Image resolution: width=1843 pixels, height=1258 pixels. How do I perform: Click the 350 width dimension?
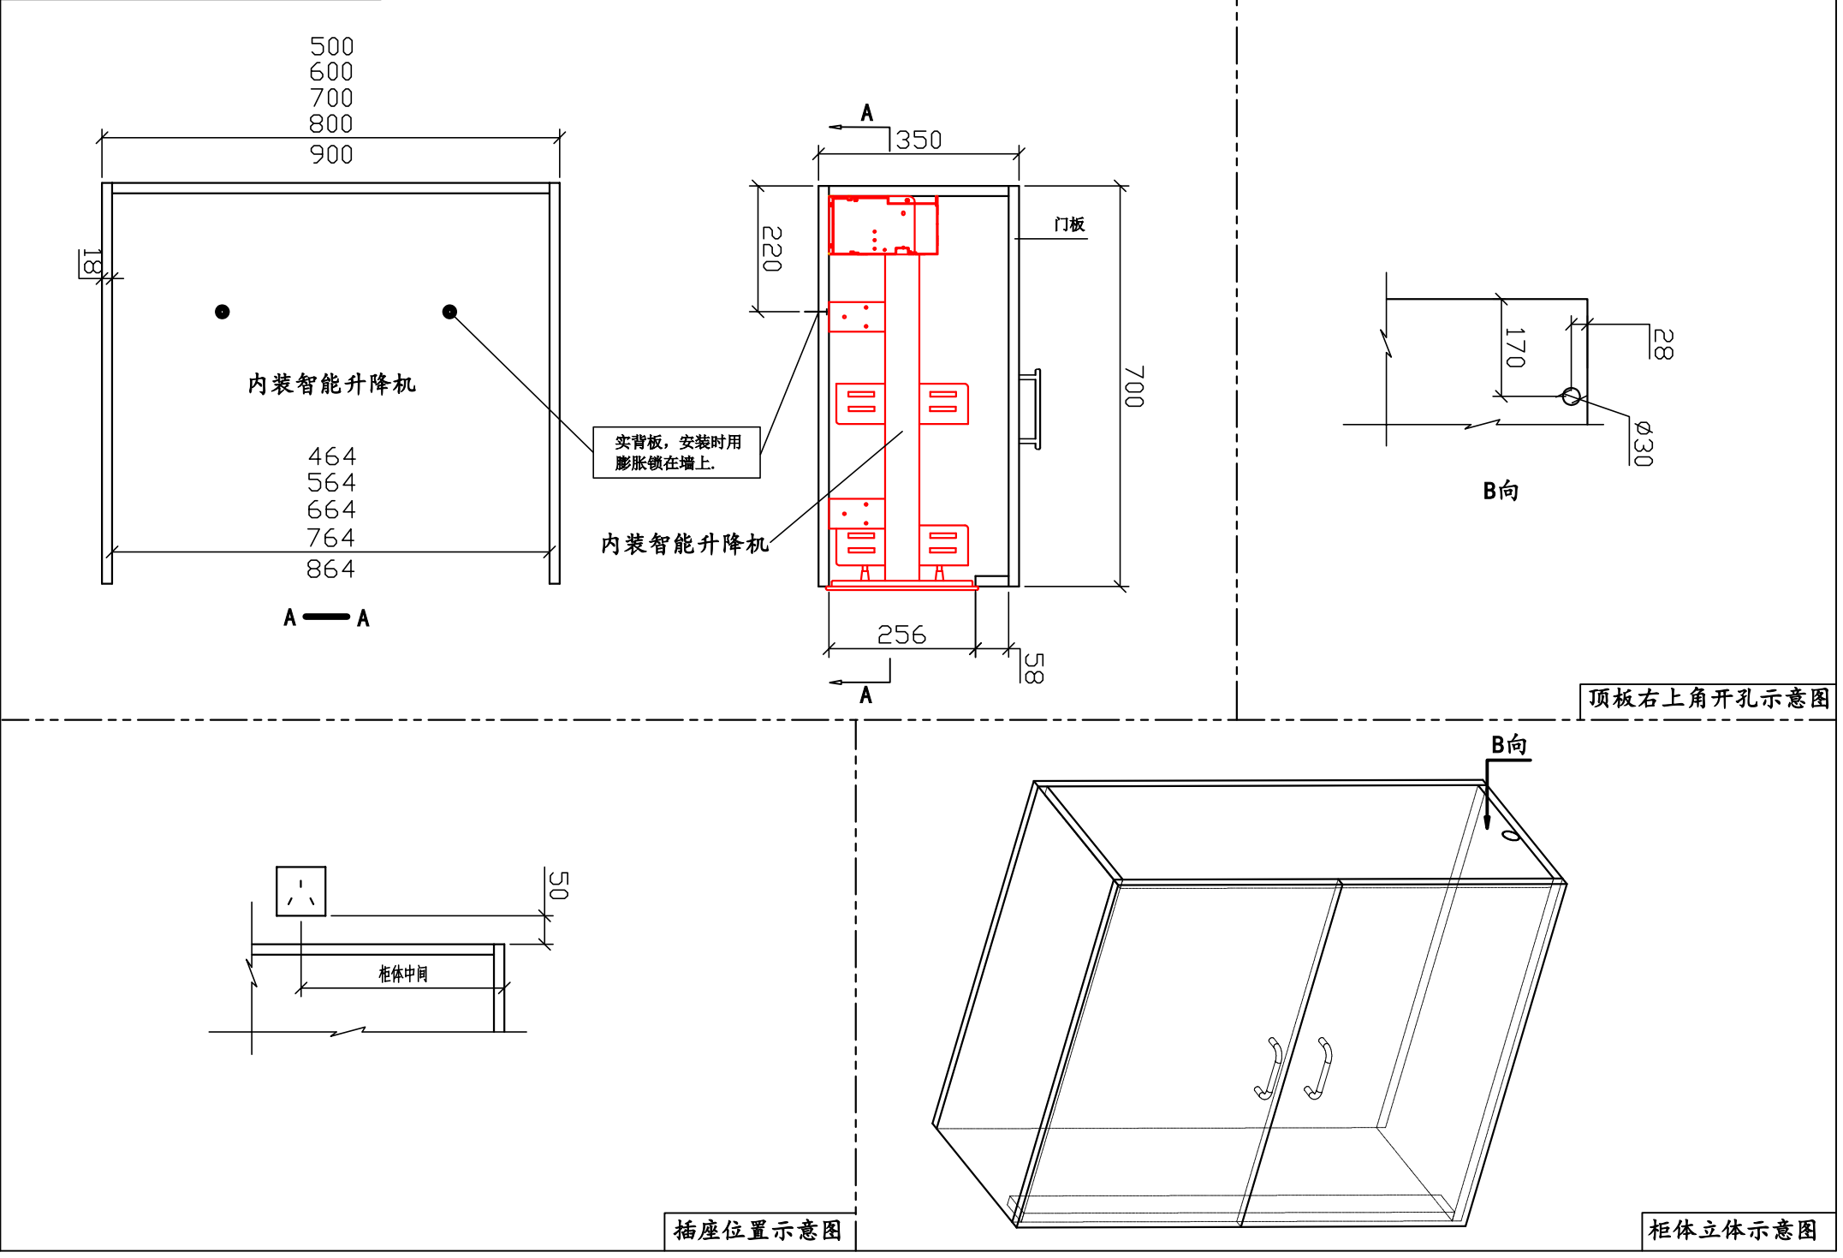(x=919, y=140)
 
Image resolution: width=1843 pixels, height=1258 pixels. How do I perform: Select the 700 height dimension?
(x=1133, y=387)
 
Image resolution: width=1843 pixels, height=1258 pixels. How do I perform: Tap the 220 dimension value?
(x=771, y=249)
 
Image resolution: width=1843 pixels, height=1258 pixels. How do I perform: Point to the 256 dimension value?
(x=901, y=635)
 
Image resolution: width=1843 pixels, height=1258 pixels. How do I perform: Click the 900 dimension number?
(x=331, y=155)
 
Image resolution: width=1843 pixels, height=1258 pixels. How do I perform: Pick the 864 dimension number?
(x=330, y=569)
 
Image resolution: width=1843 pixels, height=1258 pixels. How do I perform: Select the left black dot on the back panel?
(x=223, y=312)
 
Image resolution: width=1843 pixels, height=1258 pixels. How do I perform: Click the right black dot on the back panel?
(x=449, y=312)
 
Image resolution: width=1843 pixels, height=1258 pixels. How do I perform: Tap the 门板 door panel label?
(x=1069, y=224)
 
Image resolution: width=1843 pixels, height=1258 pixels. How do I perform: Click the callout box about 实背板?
(x=676, y=452)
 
